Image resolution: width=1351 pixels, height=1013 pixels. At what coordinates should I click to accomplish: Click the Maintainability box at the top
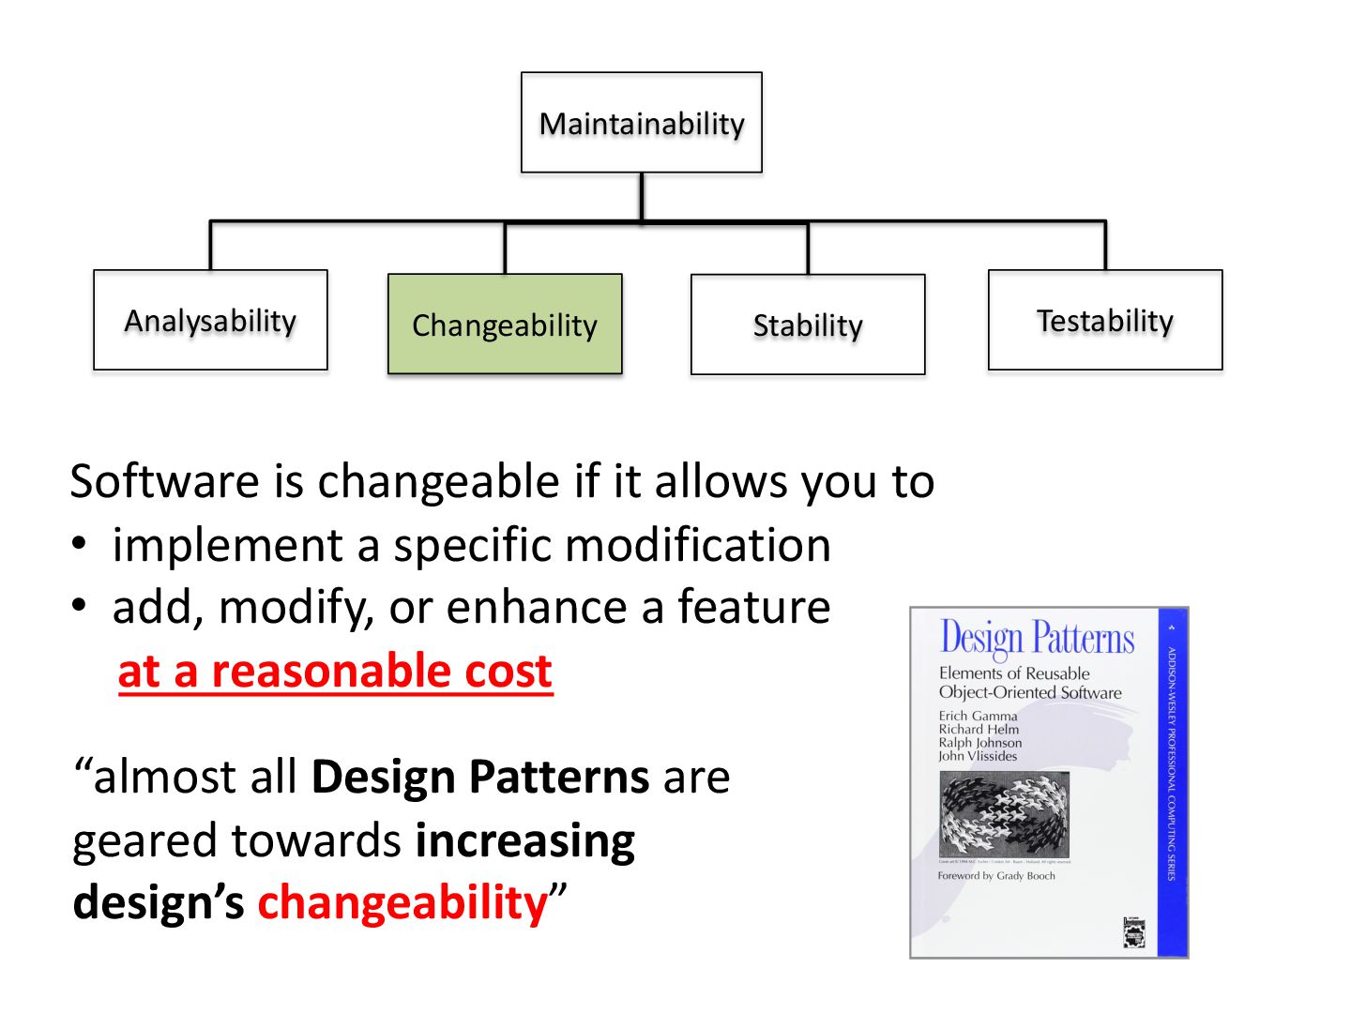click(x=642, y=123)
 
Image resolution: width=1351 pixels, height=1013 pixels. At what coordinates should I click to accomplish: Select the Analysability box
click(x=210, y=321)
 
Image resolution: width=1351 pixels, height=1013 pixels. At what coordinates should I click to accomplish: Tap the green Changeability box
click(x=505, y=325)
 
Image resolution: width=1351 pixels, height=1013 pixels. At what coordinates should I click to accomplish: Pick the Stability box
click(x=808, y=325)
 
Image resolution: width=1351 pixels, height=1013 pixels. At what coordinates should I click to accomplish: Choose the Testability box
click(x=1105, y=321)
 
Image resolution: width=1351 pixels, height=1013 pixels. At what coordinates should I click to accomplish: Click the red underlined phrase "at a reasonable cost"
click(x=335, y=672)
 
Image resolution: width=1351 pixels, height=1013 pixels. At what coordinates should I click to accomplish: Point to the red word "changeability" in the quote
click(x=402, y=902)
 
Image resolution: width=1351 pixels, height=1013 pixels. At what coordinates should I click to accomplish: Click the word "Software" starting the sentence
click(x=164, y=481)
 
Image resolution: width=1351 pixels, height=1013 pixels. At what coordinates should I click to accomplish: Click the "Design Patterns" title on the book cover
click(x=1037, y=638)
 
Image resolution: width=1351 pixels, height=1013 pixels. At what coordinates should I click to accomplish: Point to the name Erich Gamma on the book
click(x=978, y=716)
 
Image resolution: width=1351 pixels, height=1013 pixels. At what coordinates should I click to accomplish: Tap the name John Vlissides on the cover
click(x=978, y=756)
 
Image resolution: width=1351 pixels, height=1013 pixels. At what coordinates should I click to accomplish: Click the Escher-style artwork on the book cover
click(x=1004, y=815)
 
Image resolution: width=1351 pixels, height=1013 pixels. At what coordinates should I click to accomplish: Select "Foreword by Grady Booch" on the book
click(x=996, y=876)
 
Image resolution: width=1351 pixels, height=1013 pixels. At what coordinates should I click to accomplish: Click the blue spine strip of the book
click(x=1172, y=782)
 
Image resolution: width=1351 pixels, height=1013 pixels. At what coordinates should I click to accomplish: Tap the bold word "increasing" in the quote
click(x=525, y=840)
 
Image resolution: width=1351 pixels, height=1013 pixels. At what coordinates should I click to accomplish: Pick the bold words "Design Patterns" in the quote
click(x=480, y=777)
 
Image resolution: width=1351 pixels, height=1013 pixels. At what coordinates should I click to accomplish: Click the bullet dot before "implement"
click(x=81, y=544)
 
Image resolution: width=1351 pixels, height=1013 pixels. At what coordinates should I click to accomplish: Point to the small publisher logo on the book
click(x=1134, y=932)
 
